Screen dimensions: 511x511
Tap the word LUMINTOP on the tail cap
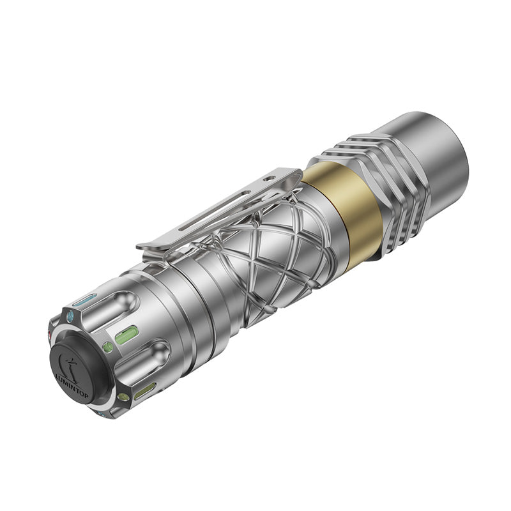point(72,386)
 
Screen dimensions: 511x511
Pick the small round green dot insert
point(107,347)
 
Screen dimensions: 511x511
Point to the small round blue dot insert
point(70,316)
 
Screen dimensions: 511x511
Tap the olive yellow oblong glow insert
point(144,391)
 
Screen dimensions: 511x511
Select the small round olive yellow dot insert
point(123,397)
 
